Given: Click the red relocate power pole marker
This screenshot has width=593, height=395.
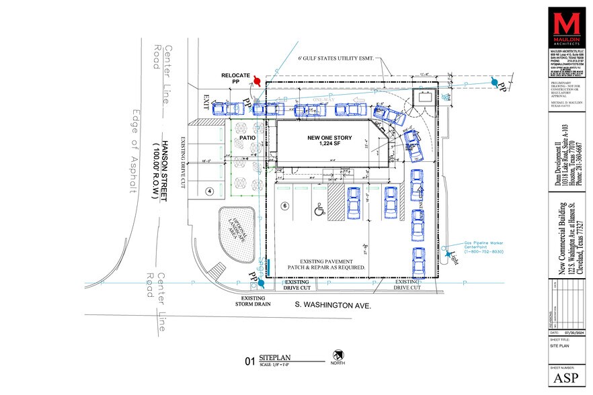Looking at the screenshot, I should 256,82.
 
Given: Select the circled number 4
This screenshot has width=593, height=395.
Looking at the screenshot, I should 209,191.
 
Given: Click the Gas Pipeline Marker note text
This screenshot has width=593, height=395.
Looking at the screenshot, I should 483,247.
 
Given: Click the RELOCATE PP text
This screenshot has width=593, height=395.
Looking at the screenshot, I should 237,78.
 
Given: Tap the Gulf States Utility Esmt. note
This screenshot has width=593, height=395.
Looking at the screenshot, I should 336,58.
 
